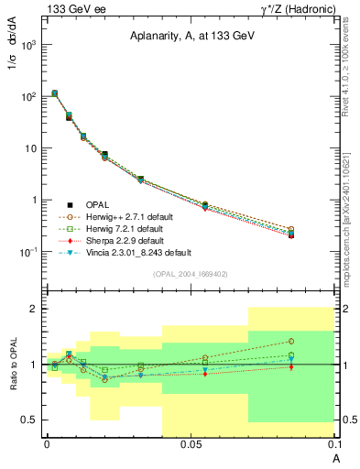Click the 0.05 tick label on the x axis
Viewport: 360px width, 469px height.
(x=191, y=443)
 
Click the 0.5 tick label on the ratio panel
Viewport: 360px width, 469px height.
(x=28, y=420)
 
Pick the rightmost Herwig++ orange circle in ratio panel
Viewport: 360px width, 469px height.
(x=290, y=341)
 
